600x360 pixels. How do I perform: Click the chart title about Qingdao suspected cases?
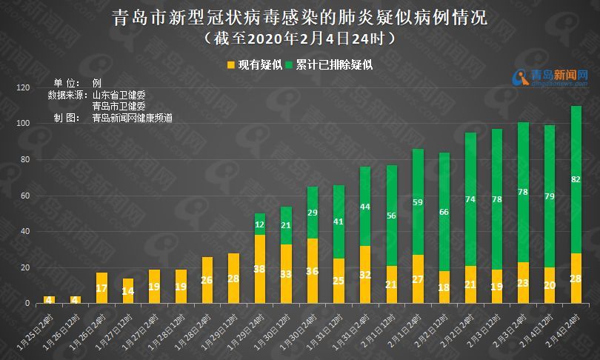[x=300, y=16]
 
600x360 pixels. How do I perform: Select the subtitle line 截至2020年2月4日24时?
[x=300, y=36]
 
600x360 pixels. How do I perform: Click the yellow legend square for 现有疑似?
[x=230, y=65]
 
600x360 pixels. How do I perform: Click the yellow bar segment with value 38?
[x=260, y=269]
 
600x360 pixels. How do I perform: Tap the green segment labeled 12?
[x=260, y=224]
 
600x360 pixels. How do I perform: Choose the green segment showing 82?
[x=576, y=179]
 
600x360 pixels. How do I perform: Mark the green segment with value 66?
[x=444, y=212]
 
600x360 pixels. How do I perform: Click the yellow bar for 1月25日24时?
[x=49, y=299]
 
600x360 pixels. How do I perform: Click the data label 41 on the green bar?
[x=339, y=221]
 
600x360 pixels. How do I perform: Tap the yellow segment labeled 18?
[x=444, y=287]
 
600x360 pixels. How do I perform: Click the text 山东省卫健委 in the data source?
[x=119, y=95]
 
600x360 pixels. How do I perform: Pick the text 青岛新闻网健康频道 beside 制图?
[x=133, y=118]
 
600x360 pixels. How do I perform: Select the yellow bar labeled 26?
[x=207, y=280]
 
